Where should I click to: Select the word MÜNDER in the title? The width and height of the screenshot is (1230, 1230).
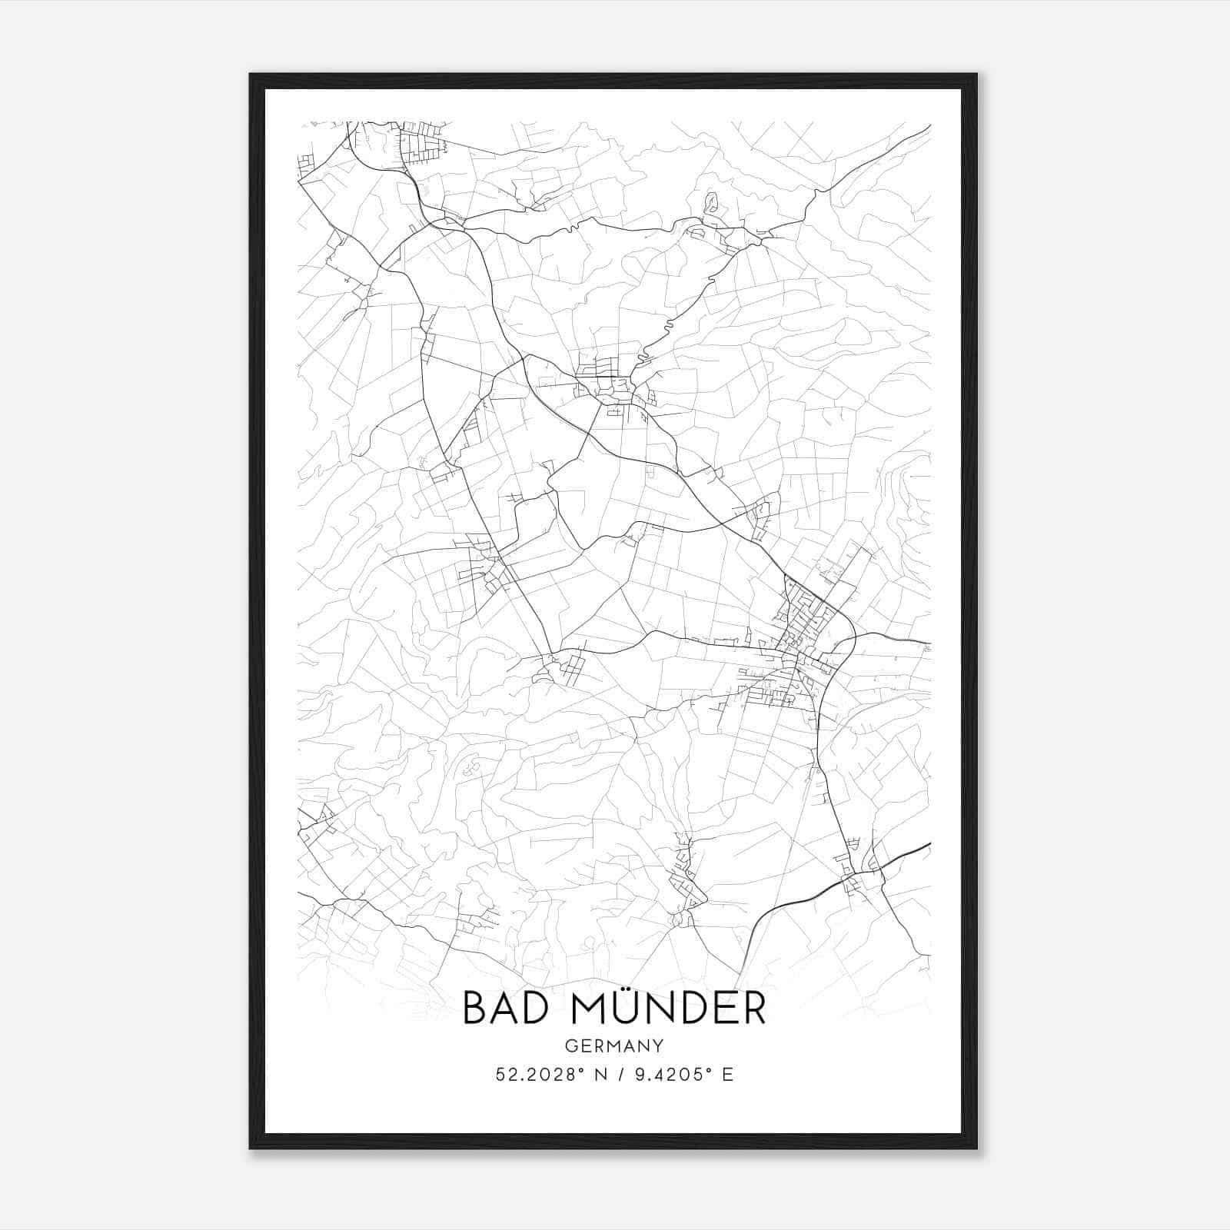tap(668, 1008)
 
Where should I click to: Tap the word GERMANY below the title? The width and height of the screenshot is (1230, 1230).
tap(614, 1045)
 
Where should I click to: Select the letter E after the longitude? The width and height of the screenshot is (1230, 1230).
tap(728, 1075)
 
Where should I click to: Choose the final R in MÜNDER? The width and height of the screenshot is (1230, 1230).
tap(755, 1008)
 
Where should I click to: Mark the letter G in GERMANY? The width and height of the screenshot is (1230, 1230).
tap(570, 1045)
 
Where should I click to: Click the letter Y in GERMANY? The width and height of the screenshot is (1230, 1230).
tap(659, 1045)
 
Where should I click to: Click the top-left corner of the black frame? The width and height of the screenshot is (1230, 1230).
tap(251, 75)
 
